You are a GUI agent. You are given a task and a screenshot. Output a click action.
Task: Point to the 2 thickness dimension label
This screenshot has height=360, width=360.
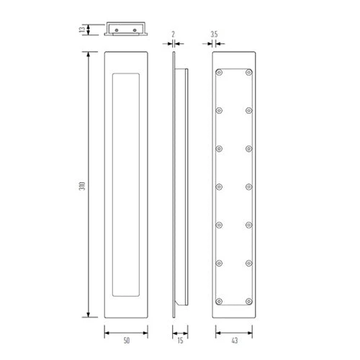pyautogui.click(x=174, y=33)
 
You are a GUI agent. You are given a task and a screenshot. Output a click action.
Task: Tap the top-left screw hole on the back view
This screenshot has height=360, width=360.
pyautogui.click(x=220, y=73)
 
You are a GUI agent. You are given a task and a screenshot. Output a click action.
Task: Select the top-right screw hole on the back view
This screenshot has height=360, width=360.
pyautogui.click(x=248, y=73)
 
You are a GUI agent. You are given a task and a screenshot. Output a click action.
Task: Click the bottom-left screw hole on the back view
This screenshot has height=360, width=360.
pyautogui.click(x=220, y=300)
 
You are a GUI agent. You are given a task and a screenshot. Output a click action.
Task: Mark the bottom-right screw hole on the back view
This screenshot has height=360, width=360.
pyautogui.click(x=248, y=300)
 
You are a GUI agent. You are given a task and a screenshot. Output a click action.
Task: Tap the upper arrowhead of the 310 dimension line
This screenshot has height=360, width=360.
pyautogui.click(x=89, y=54)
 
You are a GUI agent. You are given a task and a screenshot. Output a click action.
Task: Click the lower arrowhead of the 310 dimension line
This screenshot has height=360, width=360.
pyautogui.click(x=89, y=315)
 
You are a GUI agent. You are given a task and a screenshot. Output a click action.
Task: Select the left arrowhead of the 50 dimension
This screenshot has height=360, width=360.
pyautogui.click(x=107, y=332)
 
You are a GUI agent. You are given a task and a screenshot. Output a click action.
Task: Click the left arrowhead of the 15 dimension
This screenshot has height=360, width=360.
pyautogui.click(x=174, y=332)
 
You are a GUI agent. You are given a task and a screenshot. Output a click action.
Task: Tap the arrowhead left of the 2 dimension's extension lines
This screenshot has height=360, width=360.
pyautogui.click(x=170, y=44)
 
